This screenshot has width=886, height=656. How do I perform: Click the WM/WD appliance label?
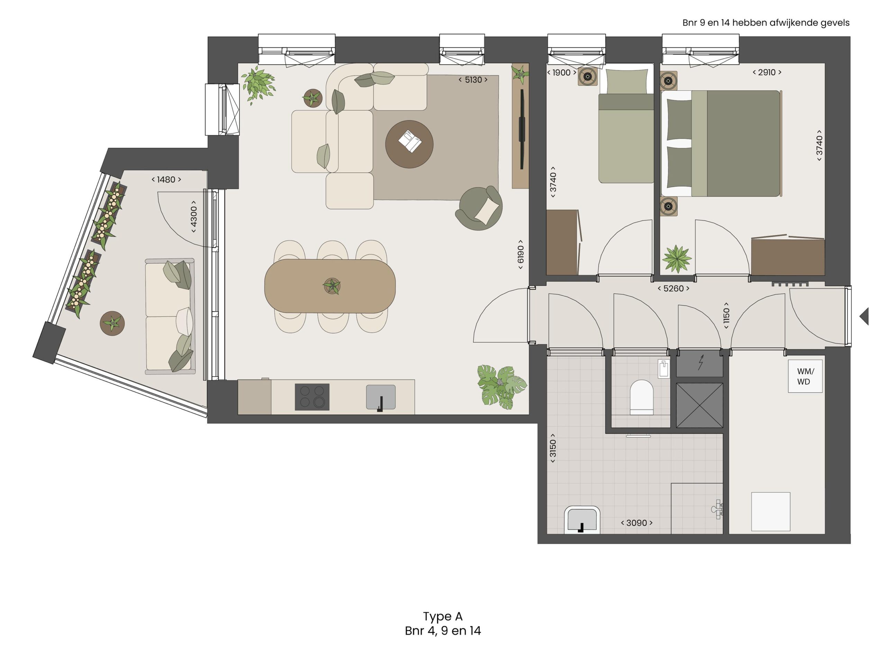click(805, 376)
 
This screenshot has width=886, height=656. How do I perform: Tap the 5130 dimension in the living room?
click(473, 80)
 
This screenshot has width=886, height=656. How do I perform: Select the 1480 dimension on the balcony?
click(166, 179)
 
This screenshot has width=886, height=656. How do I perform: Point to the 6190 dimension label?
click(521, 254)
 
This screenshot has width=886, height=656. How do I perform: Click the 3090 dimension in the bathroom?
click(636, 523)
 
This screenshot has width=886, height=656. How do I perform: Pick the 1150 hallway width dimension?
click(726, 316)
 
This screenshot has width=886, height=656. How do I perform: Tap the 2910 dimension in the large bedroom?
click(767, 72)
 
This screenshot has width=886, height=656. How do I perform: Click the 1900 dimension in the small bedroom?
click(561, 73)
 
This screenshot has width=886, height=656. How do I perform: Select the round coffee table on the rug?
click(409, 144)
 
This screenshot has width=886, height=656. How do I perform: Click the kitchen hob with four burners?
click(312, 397)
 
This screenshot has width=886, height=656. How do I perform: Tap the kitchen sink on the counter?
click(381, 397)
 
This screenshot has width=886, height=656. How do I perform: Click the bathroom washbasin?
click(582, 520)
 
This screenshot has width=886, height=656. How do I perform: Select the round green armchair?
click(479, 208)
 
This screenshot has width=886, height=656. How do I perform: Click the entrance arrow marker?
click(864, 316)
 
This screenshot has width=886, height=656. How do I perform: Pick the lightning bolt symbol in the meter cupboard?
click(700, 362)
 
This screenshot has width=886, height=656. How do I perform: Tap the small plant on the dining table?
click(332, 286)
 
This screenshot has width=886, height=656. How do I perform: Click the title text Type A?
click(443, 616)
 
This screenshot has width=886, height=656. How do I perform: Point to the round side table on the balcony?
click(112, 323)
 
